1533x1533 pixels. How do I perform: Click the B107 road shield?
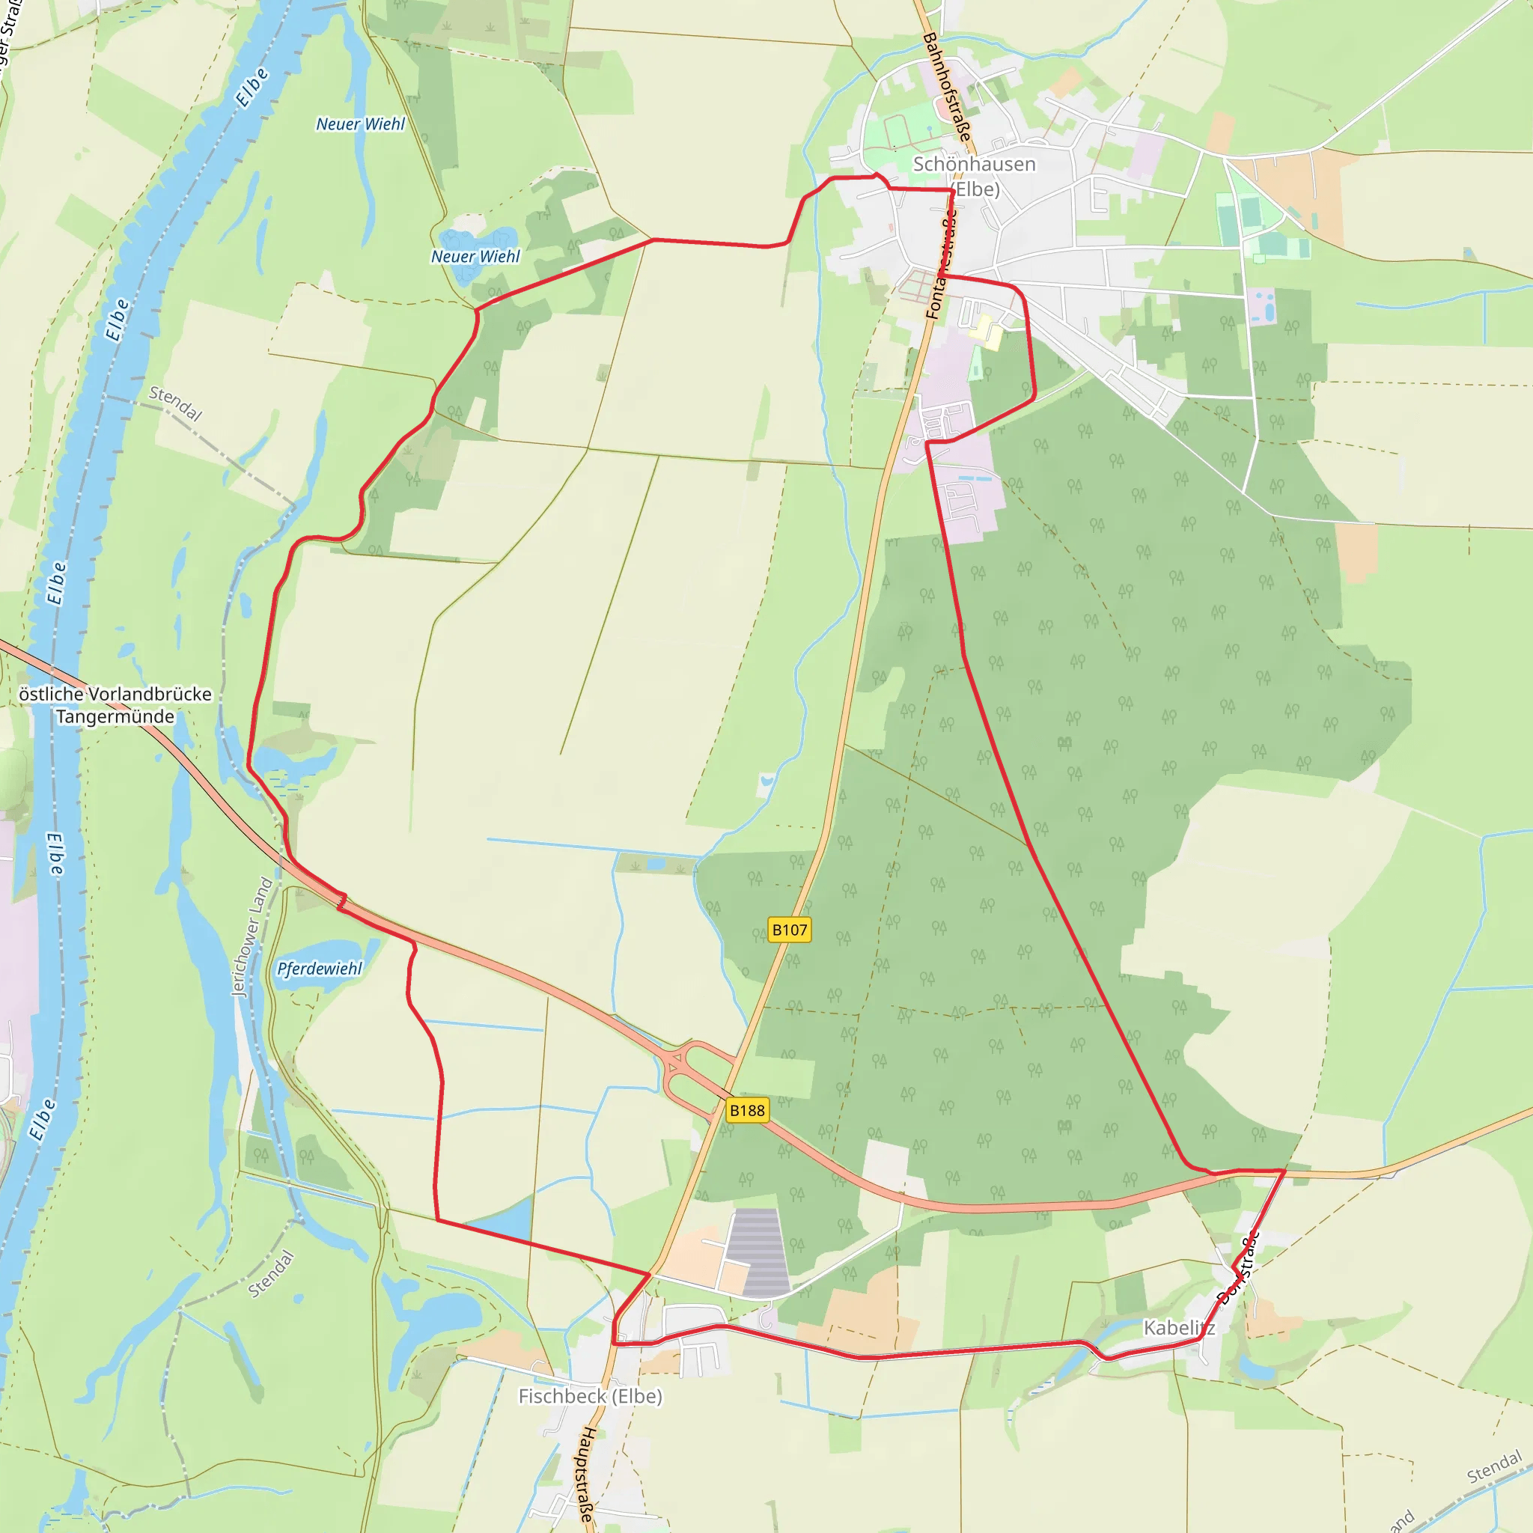tap(790, 930)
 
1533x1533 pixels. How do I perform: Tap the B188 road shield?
tap(746, 1110)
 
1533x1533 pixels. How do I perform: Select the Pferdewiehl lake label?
tap(319, 969)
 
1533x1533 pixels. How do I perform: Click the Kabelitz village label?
tap(1178, 1327)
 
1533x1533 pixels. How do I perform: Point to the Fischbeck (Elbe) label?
tap(591, 1396)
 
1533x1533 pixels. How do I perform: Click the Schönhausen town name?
tap(975, 164)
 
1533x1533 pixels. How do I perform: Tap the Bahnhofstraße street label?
tap(948, 88)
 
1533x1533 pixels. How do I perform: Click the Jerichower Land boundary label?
tap(252, 936)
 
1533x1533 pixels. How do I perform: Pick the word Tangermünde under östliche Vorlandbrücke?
tap(115, 716)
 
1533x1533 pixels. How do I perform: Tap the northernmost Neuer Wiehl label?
tap(360, 124)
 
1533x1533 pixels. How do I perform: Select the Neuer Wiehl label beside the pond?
tap(475, 256)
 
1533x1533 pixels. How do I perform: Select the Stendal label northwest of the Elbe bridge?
tap(176, 403)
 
